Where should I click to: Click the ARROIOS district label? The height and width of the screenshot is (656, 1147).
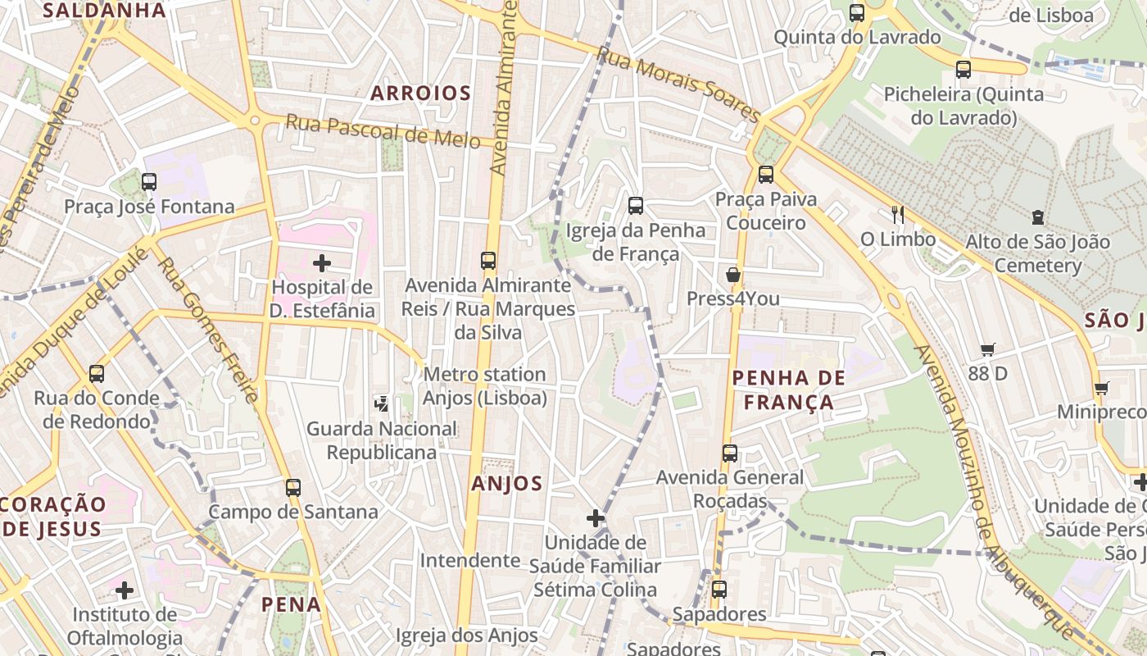pos(420,93)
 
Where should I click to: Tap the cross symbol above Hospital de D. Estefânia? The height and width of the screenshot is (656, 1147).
pos(323,263)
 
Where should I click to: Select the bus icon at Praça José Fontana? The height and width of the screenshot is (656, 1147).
pos(149,182)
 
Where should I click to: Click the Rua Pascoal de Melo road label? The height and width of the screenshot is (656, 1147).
pos(383,132)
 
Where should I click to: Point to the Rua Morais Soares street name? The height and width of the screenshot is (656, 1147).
pos(678,84)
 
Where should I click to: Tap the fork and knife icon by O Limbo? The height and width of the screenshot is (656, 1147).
pos(898,215)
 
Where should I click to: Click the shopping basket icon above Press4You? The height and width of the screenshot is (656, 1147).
pos(733,274)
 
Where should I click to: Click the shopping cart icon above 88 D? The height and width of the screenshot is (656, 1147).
pos(988,350)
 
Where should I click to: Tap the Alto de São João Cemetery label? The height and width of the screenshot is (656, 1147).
pos(1037,253)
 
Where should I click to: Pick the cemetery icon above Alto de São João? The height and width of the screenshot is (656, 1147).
pos(1038,217)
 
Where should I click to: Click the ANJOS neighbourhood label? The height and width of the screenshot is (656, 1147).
pos(507,484)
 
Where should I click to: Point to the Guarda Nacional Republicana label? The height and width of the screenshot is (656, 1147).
pos(382,440)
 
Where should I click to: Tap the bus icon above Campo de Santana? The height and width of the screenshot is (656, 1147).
pos(293,487)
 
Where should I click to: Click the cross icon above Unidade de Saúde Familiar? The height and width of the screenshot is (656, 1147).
pos(596,518)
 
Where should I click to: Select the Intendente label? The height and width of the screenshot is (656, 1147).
pos(470,560)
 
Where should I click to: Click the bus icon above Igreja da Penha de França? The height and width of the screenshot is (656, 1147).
pos(636,206)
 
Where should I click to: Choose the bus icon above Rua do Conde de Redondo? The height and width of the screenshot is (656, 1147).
pos(97,374)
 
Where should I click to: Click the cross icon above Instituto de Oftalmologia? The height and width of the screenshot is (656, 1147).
pos(125,590)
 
